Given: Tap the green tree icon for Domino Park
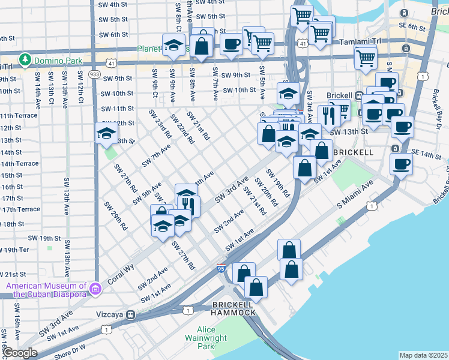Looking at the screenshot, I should [25, 59].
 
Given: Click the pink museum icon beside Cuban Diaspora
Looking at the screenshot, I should [95, 290].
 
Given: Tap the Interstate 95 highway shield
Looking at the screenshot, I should [221, 268].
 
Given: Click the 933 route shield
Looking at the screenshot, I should [95, 74].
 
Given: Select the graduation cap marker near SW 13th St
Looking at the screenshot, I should [106, 134].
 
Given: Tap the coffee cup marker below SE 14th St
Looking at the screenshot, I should [401, 163].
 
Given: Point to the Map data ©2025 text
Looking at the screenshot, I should [423, 355].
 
